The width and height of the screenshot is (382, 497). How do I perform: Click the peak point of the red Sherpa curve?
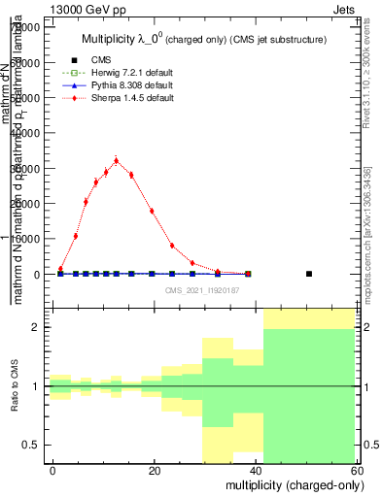point(116,161)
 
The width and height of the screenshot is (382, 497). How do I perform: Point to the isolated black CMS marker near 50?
point(309,274)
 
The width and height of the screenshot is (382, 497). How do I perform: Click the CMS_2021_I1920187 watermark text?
point(201,290)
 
